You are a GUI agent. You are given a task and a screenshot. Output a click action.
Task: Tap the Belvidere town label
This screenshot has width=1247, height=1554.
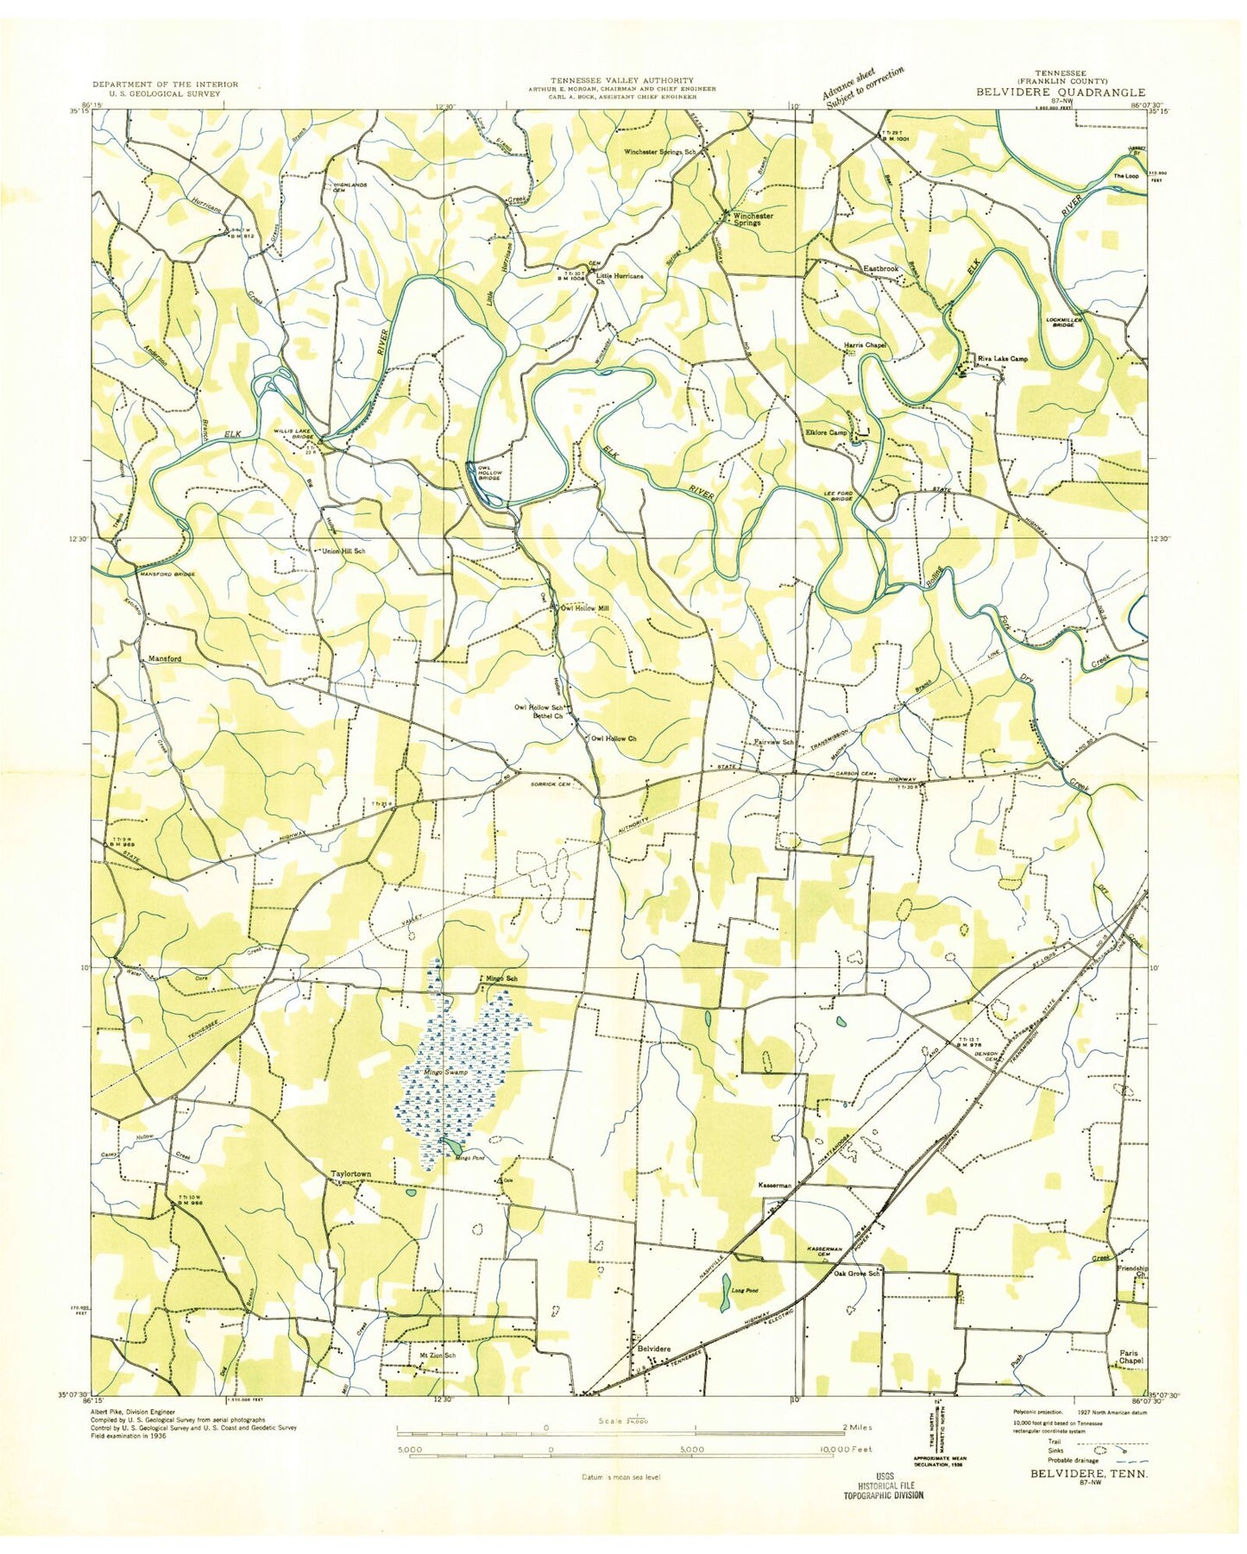tap(653, 1347)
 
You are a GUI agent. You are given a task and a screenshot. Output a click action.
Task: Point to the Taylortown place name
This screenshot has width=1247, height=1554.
tap(350, 1173)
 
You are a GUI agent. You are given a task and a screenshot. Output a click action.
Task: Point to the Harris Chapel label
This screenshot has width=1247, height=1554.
tap(865, 345)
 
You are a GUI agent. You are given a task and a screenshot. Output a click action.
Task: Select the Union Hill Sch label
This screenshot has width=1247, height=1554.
tap(343, 551)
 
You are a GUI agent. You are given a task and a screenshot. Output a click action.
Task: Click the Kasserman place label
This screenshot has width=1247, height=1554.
tap(774, 1186)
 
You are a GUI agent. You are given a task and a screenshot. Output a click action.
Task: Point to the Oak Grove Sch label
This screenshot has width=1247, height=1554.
tap(856, 1274)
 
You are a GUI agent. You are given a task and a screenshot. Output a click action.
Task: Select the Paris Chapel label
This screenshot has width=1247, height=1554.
tap(1130, 1357)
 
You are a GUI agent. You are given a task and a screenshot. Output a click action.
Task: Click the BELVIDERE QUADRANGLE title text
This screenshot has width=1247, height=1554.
tap(1061, 92)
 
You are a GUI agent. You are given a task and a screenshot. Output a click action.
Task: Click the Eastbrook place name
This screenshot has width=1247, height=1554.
tap(881, 269)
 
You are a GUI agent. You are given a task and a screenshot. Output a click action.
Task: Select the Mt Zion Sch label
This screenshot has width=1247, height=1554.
tap(437, 1356)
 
